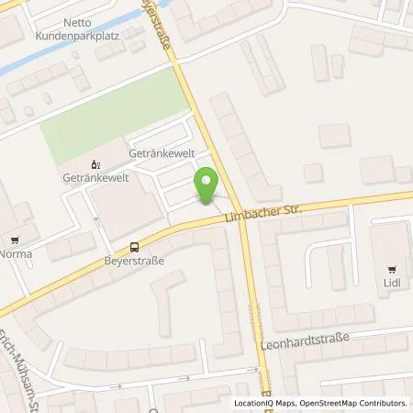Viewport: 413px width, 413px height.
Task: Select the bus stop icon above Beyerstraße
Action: click(x=134, y=246)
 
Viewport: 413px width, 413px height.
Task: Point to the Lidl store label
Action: click(x=393, y=284)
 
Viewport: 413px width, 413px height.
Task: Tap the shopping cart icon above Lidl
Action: click(x=393, y=270)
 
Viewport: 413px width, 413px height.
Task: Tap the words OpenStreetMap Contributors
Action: click(x=350, y=403)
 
